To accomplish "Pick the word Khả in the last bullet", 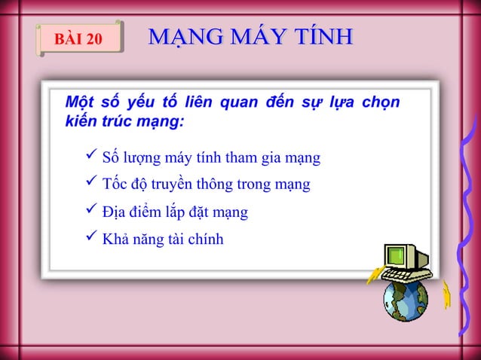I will (x=114, y=240).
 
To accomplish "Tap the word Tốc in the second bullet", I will (x=115, y=185).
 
